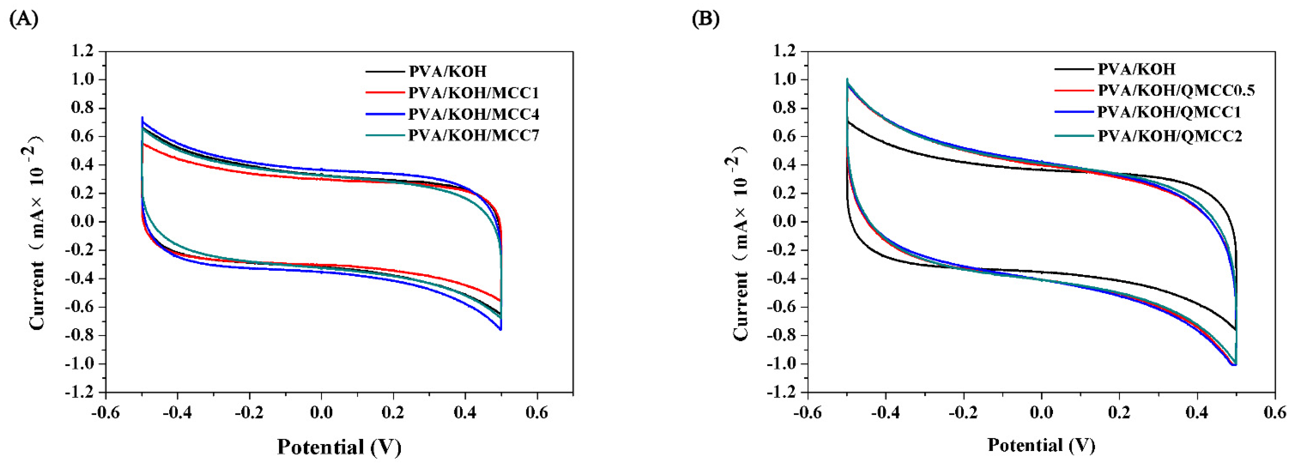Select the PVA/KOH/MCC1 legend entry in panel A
click(x=473, y=93)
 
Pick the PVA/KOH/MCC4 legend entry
click(x=473, y=115)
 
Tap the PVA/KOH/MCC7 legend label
click(x=473, y=136)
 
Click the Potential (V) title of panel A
click(x=339, y=446)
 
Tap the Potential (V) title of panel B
click(x=1041, y=445)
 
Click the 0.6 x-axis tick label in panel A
click(x=537, y=413)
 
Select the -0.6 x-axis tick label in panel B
click(x=807, y=413)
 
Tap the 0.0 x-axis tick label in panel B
click(x=1041, y=413)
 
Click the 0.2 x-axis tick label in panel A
click(x=393, y=413)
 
